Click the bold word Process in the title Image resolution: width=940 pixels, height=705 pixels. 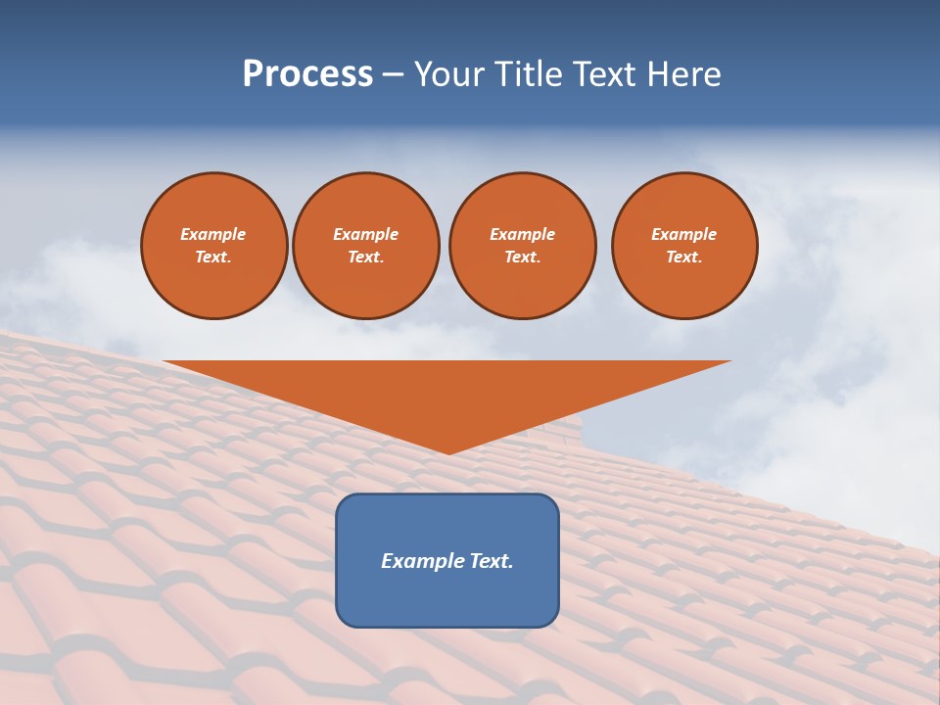click(307, 74)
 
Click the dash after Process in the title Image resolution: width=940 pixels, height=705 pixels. click(393, 75)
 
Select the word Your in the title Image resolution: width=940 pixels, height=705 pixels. click(449, 74)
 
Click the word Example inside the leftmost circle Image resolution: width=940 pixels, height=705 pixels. click(213, 234)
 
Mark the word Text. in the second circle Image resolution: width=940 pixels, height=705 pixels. click(365, 257)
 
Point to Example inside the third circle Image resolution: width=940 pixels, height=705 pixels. click(522, 234)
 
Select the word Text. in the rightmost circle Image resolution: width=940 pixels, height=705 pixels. click(684, 257)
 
